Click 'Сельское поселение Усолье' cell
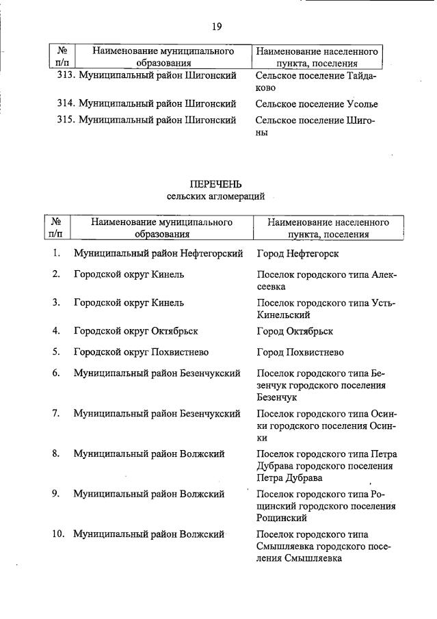click(x=316, y=105)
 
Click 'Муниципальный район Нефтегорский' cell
click(x=158, y=254)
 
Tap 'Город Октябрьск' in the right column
click(x=295, y=331)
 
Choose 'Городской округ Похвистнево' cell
click(x=141, y=352)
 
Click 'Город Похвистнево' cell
click(x=300, y=352)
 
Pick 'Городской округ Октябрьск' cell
click(x=135, y=331)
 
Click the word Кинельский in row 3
click(x=283, y=315)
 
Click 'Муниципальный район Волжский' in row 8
click(x=149, y=453)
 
